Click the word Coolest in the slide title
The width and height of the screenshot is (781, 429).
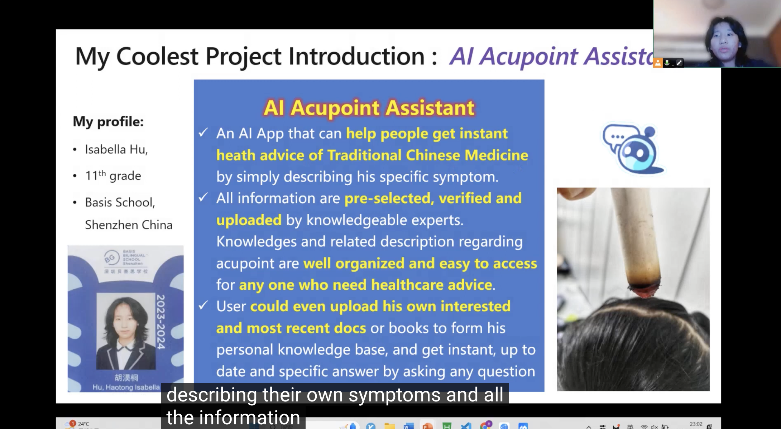157,57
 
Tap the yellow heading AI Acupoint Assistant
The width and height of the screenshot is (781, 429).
369,107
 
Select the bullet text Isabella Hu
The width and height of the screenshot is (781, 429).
116,149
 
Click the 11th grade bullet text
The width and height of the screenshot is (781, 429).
113,176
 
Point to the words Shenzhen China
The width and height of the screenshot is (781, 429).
129,225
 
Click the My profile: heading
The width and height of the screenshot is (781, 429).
108,122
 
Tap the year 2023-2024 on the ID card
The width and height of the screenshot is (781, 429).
161,322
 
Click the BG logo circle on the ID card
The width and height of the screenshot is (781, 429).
111,257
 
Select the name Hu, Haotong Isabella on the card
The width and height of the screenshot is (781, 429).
126,387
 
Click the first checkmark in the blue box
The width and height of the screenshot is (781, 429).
203,133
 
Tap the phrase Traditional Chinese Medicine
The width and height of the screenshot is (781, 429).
427,155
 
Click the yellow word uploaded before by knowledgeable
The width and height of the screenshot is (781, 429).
249,220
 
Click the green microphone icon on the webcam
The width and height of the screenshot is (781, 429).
667,63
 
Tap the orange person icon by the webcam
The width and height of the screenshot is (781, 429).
658,63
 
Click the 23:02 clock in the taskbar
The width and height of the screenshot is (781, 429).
696,424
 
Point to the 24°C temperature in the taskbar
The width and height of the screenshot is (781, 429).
83,424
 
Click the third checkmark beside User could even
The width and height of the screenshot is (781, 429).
203,305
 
